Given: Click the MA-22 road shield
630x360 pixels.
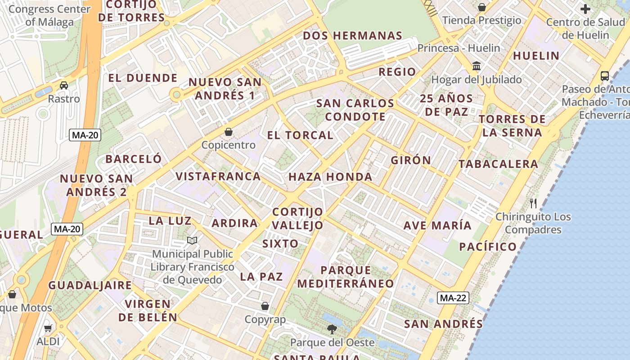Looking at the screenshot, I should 454,298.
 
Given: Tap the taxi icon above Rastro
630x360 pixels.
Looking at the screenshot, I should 64,85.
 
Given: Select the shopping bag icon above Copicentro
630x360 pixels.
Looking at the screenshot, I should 229,132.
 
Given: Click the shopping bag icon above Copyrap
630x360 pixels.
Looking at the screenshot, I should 265,306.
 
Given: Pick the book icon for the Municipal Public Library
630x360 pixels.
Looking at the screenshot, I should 192,241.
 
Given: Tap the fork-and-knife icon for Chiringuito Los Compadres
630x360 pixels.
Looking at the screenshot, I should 533,203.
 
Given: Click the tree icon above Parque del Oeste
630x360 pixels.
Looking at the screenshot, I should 332,329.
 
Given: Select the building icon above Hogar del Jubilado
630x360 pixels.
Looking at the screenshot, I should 476,67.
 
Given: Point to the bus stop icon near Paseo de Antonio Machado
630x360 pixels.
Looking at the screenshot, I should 605,76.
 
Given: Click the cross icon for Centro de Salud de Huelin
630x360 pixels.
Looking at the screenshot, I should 585,9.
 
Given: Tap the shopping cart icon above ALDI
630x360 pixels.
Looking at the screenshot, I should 48,328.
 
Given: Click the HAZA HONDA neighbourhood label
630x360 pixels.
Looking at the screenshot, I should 330,177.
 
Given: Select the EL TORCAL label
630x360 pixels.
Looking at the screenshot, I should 300,135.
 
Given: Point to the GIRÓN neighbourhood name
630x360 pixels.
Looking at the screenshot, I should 411,160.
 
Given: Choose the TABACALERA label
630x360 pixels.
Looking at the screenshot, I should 498,164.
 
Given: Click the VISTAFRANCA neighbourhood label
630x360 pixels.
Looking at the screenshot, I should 218,176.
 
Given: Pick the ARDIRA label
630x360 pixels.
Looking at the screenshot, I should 235,223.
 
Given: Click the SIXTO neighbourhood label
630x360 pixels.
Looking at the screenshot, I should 280,244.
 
